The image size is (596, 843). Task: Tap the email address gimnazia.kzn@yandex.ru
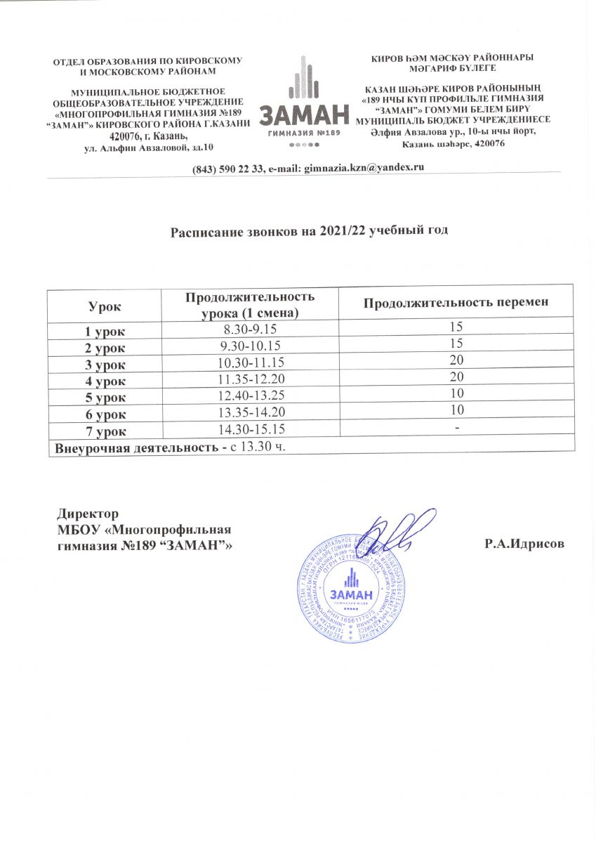pyautogui.click(x=364, y=166)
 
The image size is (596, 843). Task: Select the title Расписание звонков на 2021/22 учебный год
pyautogui.click(x=310, y=230)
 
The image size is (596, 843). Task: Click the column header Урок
pyautogui.click(x=103, y=303)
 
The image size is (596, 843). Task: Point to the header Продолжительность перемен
pyautogui.click(x=455, y=303)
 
